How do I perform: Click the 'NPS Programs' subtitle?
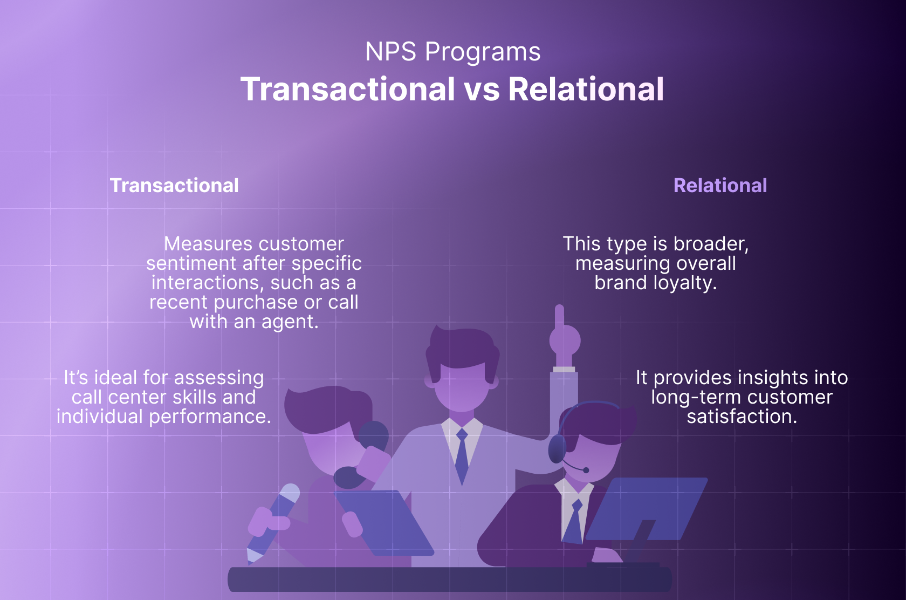pyautogui.click(x=452, y=52)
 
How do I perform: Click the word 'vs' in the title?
pyautogui.click(x=482, y=89)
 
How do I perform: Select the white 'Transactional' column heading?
pyautogui.click(x=174, y=186)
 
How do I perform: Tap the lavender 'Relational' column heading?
pyautogui.click(x=720, y=186)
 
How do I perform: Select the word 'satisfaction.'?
pyautogui.click(x=742, y=417)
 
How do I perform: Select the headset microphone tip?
pyautogui.click(x=586, y=471)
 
